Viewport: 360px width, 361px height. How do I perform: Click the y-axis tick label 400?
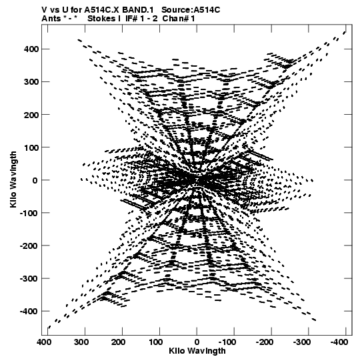pyautogui.click(x=31, y=49)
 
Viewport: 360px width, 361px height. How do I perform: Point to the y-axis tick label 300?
pyautogui.click(x=31, y=81)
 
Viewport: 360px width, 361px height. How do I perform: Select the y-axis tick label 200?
pyautogui.click(x=31, y=115)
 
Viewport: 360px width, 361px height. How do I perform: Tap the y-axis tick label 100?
pyautogui.click(x=31, y=147)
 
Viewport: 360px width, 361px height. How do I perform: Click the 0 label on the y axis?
pyautogui.click(x=35, y=180)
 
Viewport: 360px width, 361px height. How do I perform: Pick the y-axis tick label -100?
pyautogui.click(x=29, y=213)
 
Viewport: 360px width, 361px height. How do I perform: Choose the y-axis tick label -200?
pyautogui.click(x=29, y=246)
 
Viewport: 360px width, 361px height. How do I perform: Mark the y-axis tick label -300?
pyautogui.click(x=29, y=278)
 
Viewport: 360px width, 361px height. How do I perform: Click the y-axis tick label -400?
pyautogui.click(x=29, y=311)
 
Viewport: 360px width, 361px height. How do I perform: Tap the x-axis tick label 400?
pyautogui.click(x=44, y=342)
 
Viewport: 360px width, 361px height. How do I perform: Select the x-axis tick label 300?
pyautogui.click(x=81, y=342)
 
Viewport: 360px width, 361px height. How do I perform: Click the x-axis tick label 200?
pyautogui.click(x=119, y=342)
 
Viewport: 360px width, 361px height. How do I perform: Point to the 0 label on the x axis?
pyautogui.click(x=197, y=342)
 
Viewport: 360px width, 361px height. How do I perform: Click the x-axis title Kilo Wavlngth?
pyautogui.click(x=197, y=350)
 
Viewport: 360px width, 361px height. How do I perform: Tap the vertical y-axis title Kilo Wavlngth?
pyautogui.click(x=13, y=179)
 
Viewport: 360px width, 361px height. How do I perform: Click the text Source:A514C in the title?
pyautogui.click(x=191, y=10)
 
